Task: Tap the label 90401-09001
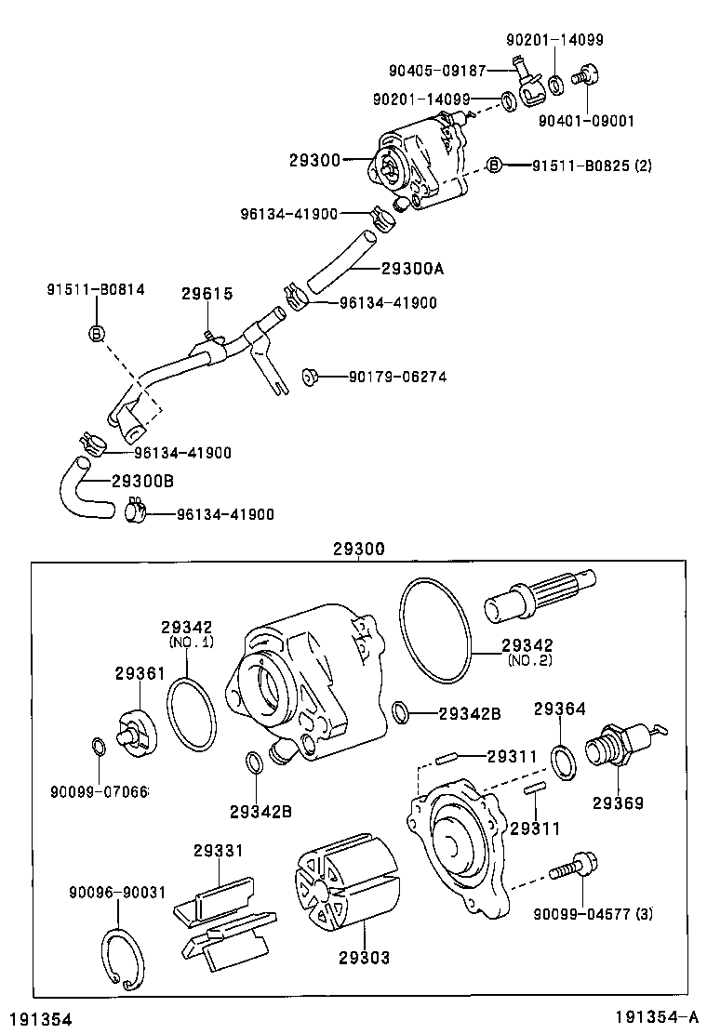click(585, 120)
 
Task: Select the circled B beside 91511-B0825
click(495, 165)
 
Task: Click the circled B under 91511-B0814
click(96, 333)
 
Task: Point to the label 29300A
click(412, 270)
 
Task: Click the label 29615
click(207, 294)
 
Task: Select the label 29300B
click(142, 481)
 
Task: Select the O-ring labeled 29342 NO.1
click(192, 713)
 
